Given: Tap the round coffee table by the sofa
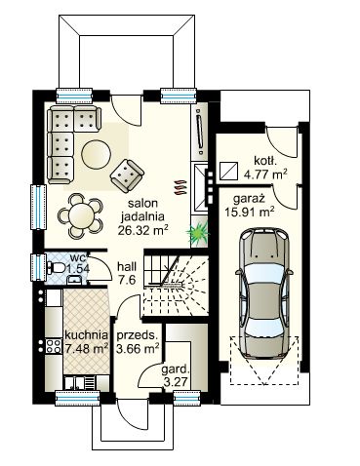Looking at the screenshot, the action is click(x=96, y=154).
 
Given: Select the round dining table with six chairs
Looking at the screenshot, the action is click(x=81, y=215).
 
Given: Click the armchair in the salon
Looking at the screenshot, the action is click(x=127, y=175).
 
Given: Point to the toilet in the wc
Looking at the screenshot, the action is click(x=55, y=268).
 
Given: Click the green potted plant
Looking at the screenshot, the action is click(x=197, y=232).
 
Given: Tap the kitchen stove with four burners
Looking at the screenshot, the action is click(x=54, y=346).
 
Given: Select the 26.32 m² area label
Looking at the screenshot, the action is click(x=142, y=230).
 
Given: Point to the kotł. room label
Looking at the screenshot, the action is click(x=265, y=161).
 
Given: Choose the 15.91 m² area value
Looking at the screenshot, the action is click(x=249, y=213).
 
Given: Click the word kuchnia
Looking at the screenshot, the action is click(x=86, y=334).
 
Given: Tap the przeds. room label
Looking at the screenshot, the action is click(x=137, y=335).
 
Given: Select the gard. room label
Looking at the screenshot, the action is click(x=176, y=369).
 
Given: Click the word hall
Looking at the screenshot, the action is click(x=127, y=267).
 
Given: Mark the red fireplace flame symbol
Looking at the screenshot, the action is click(x=180, y=187).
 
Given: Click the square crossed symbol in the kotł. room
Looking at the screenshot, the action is click(x=229, y=171).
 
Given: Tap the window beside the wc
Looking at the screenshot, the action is click(x=37, y=267).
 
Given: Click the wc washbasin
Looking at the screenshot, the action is click(x=74, y=280).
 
